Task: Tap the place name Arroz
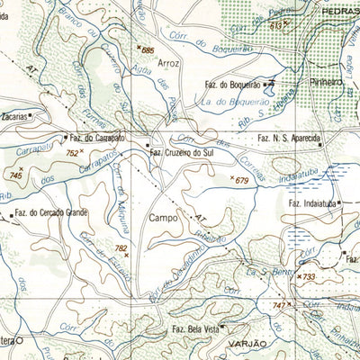(168, 65)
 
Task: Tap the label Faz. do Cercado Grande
(50, 214)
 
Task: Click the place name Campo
(165, 217)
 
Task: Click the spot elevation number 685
(148, 49)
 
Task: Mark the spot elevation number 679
(241, 181)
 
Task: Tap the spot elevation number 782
(121, 247)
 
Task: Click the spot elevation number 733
(309, 277)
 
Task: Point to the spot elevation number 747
(278, 307)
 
